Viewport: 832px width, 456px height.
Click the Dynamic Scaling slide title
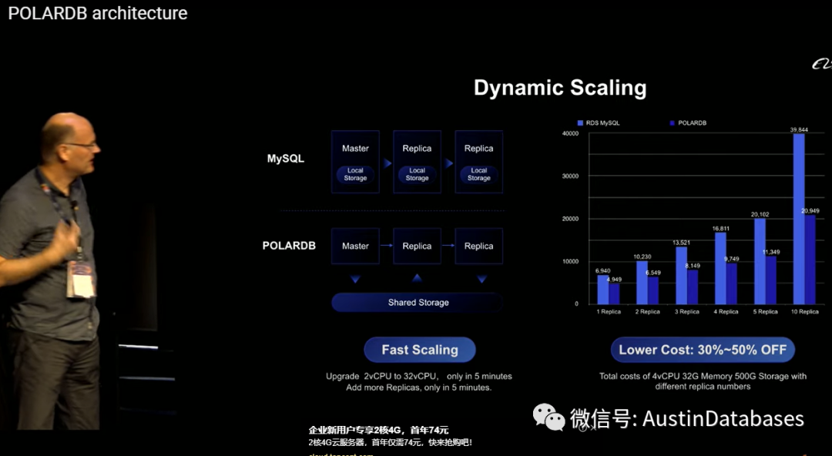[x=560, y=88]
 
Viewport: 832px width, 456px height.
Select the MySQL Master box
[x=355, y=162]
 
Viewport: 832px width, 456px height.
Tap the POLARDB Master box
[x=355, y=246]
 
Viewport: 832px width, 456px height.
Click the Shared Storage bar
[x=418, y=303]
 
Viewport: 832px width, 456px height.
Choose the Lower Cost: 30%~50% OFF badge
[x=703, y=350]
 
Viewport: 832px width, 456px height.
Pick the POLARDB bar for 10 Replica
[x=810, y=260]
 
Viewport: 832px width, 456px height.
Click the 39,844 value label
[x=798, y=130]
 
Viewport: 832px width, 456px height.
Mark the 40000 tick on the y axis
[x=570, y=133]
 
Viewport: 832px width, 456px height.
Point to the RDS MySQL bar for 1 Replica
[x=602, y=290]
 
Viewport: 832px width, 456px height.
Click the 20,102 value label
[x=760, y=214]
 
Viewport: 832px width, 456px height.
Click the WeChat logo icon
[x=549, y=417]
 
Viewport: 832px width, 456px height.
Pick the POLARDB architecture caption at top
[x=98, y=13]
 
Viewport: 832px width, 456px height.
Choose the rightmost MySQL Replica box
[x=478, y=162]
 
